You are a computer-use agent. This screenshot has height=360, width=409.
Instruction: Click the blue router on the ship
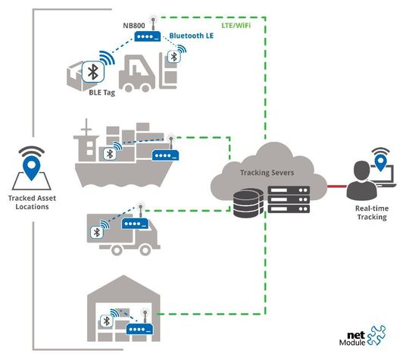point(166,156)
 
